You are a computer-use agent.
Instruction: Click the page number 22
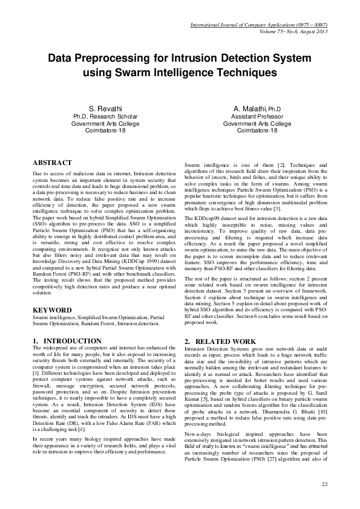pyautogui.click(x=324, y=484)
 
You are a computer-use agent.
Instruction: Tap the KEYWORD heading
pyautogui.click(x=53, y=310)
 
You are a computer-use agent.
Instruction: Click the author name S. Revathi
pyautogui.click(x=106, y=108)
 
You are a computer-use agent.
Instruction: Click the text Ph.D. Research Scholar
pyautogui.click(x=106, y=116)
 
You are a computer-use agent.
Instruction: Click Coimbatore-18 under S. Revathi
pyautogui.click(x=106, y=131)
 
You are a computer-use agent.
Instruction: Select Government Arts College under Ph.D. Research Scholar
pyautogui.click(x=106, y=123)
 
